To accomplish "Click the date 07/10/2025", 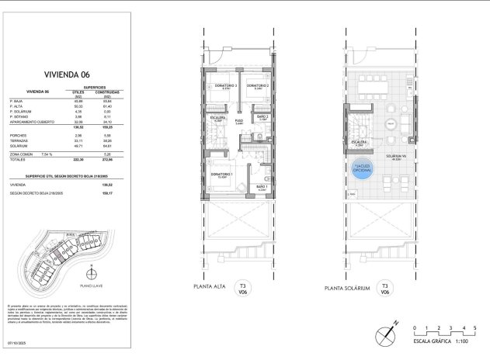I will (18, 341).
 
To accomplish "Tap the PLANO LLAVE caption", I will (92, 284).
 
